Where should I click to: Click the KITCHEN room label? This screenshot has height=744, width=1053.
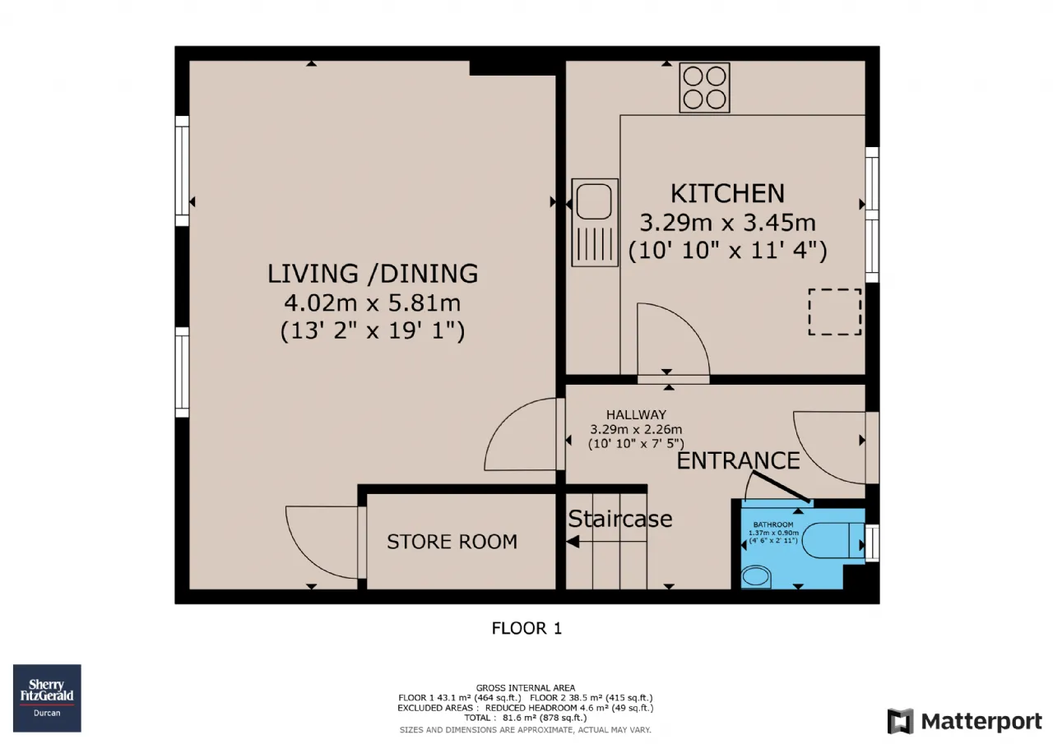click(727, 193)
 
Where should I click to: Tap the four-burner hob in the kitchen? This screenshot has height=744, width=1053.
click(704, 88)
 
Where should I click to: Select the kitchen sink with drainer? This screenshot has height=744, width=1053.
click(595, 223)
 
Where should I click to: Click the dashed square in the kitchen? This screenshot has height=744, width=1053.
click(835, 312)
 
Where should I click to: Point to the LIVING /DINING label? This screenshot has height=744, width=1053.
click(373, 274)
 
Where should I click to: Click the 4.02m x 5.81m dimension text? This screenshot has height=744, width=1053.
click(373, 303)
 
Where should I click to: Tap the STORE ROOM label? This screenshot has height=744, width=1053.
click(452, 542)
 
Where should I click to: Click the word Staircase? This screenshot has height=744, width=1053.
click(620, 519)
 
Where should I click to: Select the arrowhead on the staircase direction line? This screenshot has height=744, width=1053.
click(572, 542)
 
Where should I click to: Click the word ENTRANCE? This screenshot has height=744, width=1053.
click(738, 460)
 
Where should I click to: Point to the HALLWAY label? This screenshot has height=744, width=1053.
click(636, 414)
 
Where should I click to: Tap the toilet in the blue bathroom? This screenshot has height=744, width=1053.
click(833, 540)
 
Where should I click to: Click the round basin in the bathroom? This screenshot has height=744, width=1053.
click(756, 577)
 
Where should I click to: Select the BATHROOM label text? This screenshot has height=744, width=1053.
click(773, 524)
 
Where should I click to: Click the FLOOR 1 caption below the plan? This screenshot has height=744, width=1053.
click(526, 628)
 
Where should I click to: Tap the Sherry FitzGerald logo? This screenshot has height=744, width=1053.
click(47, 698)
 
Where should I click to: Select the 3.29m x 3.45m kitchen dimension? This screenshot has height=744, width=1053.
click(727, 223)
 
